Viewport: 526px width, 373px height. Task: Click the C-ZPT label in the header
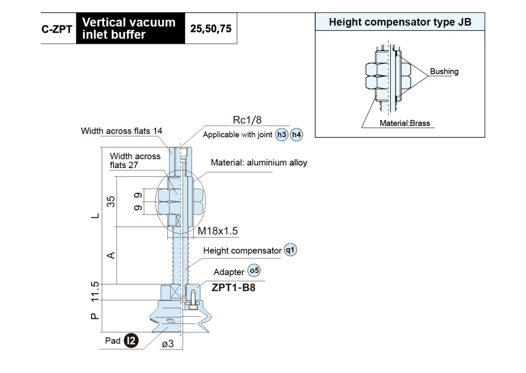[x=57, y=29]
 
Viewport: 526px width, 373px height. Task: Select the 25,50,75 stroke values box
[x=211, y=29]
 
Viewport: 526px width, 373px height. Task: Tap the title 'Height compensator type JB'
[x=400, y=22]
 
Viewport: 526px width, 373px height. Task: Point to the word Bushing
[x=444, y=71]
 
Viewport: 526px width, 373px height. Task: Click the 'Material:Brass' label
[x=405, y=123]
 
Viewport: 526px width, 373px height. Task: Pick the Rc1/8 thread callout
[x=247, y=120]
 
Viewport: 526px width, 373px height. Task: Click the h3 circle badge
[x=281, y=135]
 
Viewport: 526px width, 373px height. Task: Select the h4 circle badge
[x=296, y=135]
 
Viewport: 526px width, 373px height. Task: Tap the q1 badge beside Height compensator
[x=290, y=250]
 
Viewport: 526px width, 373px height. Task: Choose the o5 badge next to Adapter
[x=254, y=270]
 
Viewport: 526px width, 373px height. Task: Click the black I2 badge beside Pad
[x=131, y=341]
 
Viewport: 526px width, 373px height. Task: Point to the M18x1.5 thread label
[x=218, y=231]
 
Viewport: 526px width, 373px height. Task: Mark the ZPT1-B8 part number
[x=233, y=287]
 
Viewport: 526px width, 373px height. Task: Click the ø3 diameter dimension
[x=167, y=344]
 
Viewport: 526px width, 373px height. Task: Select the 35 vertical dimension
[x=110, y=201]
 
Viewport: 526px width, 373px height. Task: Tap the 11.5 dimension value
[x=95, y=291]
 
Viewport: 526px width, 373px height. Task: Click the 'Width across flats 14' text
[x=121, y=131]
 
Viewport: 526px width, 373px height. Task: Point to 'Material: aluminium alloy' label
[x=259, y=162]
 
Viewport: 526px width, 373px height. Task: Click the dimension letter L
[x=95, y=216]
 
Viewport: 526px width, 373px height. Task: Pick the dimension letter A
[x=111, y=255]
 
